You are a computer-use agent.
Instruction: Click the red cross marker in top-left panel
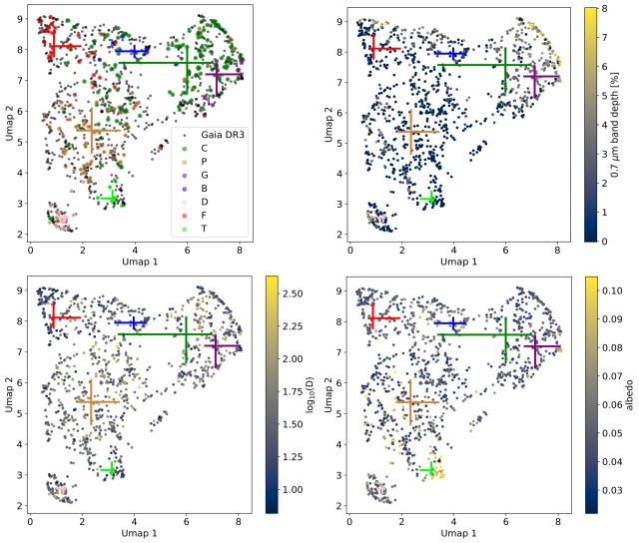[x=66, y=46]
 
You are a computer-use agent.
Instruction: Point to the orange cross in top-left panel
[x=92, y=130]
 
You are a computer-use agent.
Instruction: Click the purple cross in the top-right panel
[x=537, y=76]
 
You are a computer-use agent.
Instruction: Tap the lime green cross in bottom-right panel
[x=431, y=469]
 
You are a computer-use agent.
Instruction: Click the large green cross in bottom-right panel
[x=505, y=334]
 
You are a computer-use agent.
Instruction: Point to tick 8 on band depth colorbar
[x=601, y=8]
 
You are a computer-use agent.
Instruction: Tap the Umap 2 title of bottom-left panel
[x=9, y=395]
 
